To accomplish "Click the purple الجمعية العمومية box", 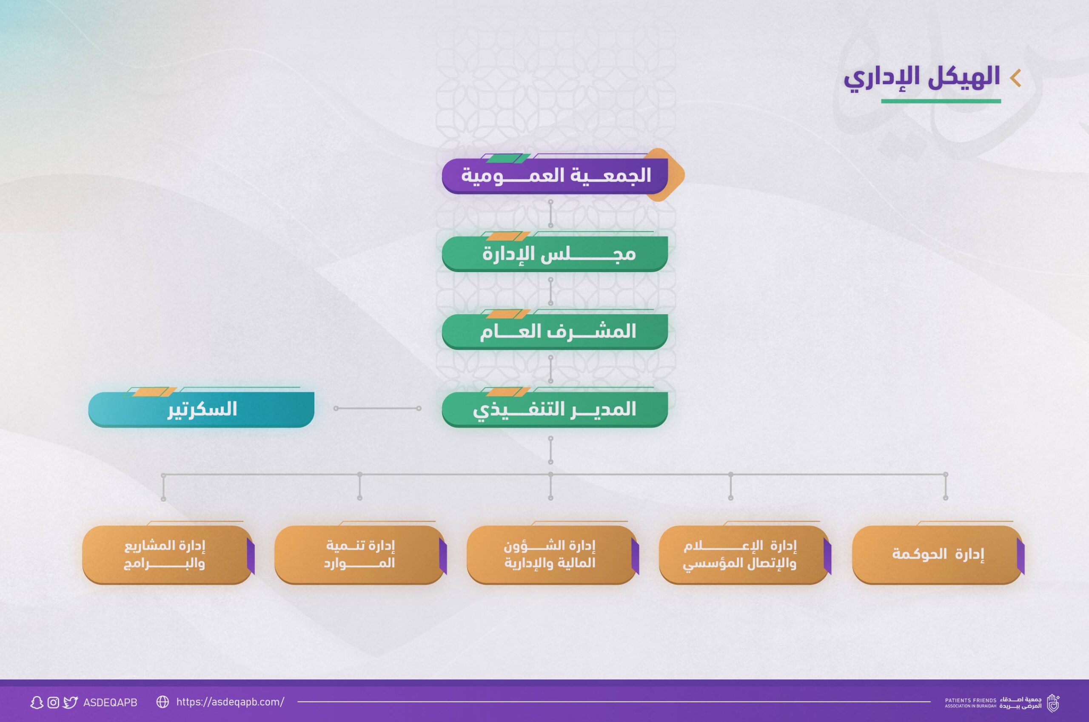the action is [555, 176].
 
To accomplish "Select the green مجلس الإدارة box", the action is [555, 254].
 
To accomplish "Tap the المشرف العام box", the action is [555, 332].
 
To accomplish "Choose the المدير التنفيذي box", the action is [555, 409].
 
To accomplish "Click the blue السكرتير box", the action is [201, 409].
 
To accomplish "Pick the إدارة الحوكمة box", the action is [938, 555].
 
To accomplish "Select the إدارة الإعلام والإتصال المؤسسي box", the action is [744, 555].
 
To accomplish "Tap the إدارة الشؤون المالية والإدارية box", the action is [552, 555].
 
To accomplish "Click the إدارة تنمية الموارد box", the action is [360, 555].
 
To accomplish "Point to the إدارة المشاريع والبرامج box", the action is [168, 555].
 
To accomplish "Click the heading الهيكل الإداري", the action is [922, 78].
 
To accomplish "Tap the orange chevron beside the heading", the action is [1015, 78].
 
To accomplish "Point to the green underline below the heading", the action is [941, 101].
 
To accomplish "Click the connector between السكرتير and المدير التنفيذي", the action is [377, 409].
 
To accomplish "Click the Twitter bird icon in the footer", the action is [71, 702].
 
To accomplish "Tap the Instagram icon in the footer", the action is [54, 702].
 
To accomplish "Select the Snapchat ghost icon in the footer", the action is [37, 702].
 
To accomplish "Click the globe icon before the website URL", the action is [162, 702].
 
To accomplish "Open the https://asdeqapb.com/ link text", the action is [230, 702].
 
